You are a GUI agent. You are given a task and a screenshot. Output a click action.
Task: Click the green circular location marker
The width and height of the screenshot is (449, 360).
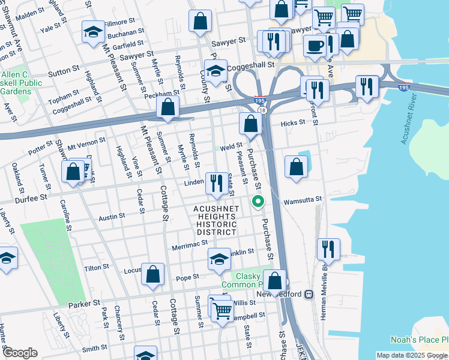click(x=258, y=202)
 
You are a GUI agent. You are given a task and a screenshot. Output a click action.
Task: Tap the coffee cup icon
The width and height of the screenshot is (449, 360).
click(x=315, y=46)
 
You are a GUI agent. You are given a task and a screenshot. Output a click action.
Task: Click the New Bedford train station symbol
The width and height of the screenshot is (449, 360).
click(x=309, y=295)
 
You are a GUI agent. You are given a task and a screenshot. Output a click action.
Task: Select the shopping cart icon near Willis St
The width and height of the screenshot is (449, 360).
click(x=222, y=310)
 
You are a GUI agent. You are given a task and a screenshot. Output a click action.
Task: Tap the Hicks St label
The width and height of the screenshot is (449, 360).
click(x=293, y=122)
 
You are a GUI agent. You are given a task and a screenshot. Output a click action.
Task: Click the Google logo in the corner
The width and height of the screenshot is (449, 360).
click(x=19, y=353)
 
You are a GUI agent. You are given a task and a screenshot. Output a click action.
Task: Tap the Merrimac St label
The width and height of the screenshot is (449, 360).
click(x=190, y=244)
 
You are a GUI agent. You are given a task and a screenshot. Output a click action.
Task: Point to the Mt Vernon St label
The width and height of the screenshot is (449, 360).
click(x=87, y=142)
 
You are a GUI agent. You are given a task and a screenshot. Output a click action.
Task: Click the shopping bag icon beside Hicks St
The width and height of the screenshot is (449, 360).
click(x=250, y=124)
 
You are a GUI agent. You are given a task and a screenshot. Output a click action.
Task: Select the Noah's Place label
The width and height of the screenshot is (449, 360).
click(x=418, y=339)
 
